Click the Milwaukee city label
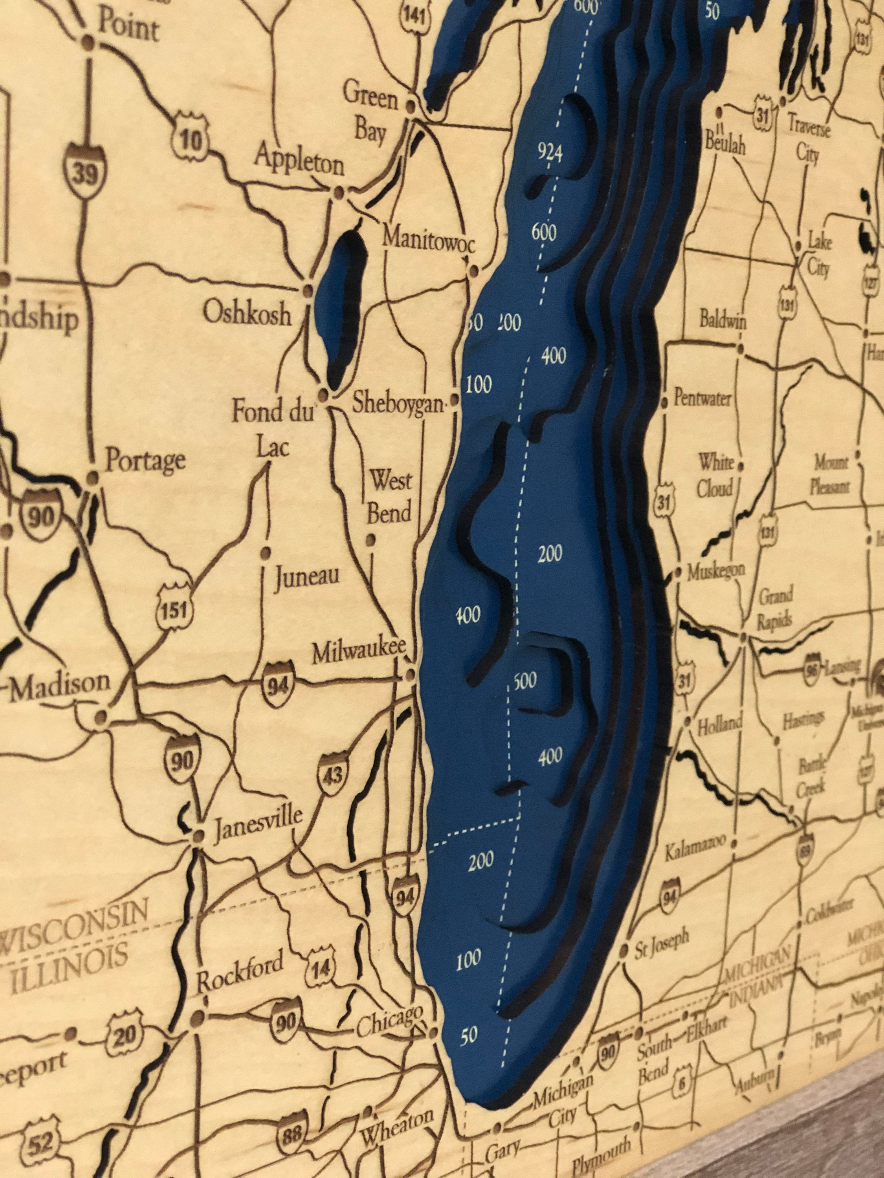(359, 652)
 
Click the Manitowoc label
(428, 239)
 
